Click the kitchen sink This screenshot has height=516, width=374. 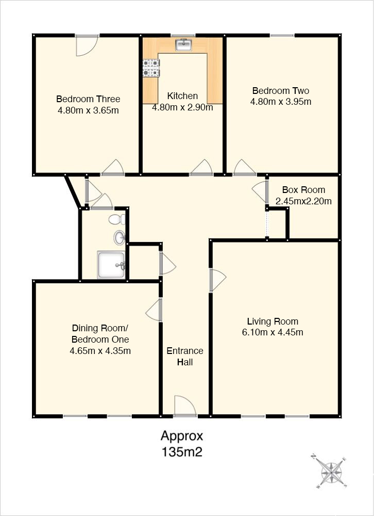[x=184, y=45]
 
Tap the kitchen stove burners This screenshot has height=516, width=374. [x=151, y=68]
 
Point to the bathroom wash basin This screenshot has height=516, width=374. [x=120, y=237]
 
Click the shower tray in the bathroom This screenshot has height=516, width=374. [x=111, y=265]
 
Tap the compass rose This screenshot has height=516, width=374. [x=329, y=471]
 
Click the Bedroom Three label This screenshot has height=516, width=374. [x=88, y=99]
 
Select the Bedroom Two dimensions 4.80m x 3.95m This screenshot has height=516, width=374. [x=281, y=102]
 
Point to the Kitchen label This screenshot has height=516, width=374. [x=182, y=96]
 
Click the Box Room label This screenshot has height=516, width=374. [x=303, y=190]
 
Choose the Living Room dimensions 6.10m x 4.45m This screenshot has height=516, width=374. [x=273, y=332]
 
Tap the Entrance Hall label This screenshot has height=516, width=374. [x=185, y=357]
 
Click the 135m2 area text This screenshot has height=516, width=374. [x=181, y=452]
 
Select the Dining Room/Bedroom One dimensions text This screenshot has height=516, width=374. [x=100, y=351]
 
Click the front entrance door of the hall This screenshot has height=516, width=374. [x=185, y=406]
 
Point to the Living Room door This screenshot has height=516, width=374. [x=217, y=280]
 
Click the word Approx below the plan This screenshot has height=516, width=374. [x=182, y=437]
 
